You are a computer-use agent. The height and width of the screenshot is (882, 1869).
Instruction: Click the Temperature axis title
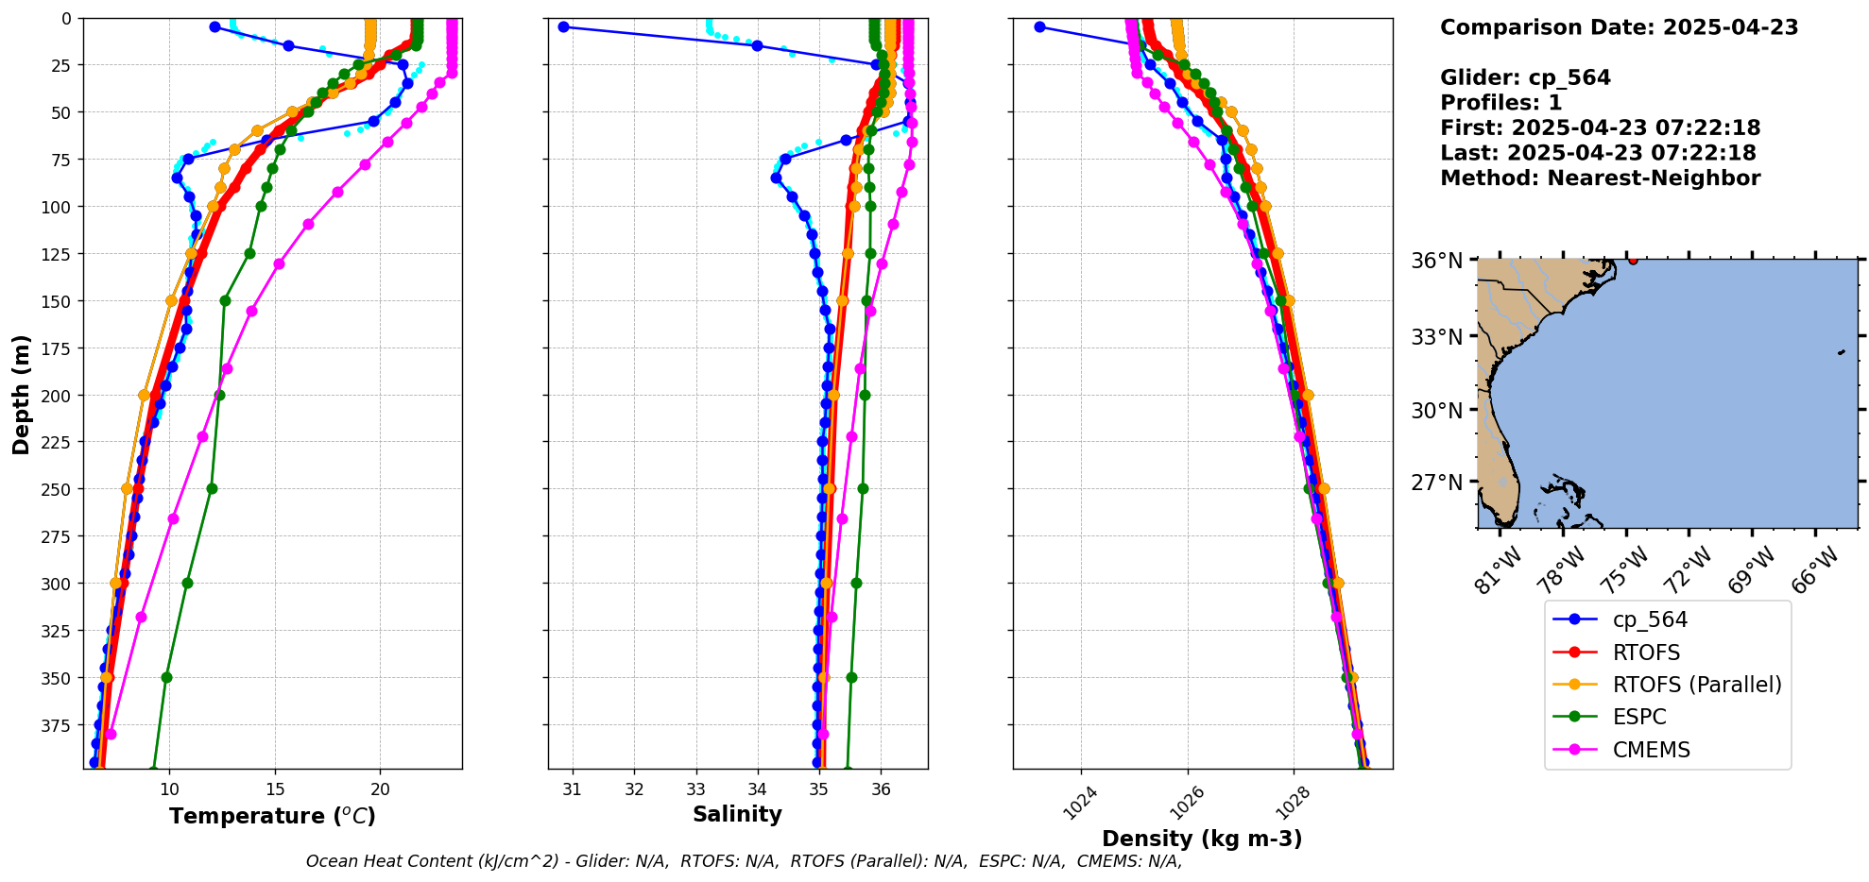tap(272, 816)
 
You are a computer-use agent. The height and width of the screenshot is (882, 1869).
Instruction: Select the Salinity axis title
tap(737, 814)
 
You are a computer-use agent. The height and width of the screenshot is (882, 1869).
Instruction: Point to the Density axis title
tap(1202, 839)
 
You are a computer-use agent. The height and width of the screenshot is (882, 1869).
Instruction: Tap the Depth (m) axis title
tap(21, 394)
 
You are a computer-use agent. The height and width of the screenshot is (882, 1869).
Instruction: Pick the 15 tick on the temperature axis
tap(275, 789)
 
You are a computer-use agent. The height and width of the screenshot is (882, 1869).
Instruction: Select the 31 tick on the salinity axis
tap(573, 789)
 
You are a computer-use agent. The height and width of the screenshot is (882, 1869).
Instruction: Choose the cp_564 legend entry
tap(1649, 619)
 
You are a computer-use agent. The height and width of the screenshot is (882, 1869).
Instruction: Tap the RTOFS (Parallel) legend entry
tap(1696, 685)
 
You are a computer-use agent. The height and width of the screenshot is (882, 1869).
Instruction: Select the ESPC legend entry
tap(1639, 717)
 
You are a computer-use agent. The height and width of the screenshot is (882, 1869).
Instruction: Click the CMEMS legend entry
tap(1651, 750)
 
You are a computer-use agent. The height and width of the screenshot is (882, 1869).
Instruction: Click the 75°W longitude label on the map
tap(1625, 570)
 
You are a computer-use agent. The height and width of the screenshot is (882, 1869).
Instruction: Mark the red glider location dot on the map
tap(1633, 260)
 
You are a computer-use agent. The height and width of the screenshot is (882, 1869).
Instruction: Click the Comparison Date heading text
tap(1619, 27)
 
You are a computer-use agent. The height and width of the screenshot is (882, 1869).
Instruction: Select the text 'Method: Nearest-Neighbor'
tap(1600, 178)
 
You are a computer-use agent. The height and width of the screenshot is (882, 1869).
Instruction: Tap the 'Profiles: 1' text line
tap(1500, 103)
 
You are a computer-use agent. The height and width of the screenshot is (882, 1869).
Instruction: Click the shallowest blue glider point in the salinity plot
tap(563, 26)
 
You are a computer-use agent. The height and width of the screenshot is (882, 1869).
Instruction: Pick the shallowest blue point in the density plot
tap(1039, 26)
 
